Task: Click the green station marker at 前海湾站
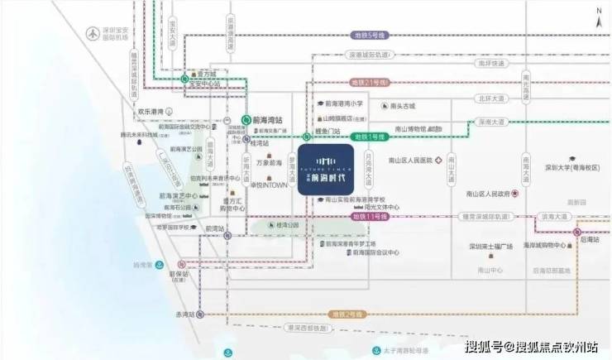tap(246, 119)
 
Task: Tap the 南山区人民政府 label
tap(480, 193)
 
